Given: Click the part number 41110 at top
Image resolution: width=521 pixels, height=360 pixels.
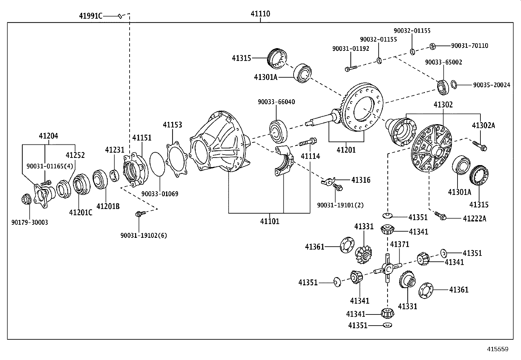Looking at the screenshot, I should [260, 14].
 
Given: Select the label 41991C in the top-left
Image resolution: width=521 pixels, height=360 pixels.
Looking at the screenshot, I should [90, 16].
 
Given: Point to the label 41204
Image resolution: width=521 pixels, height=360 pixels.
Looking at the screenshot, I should [48, 136].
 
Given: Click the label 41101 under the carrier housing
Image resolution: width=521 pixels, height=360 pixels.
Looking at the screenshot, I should [270, 221].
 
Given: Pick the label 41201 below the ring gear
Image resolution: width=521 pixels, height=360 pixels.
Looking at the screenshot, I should [346, 150].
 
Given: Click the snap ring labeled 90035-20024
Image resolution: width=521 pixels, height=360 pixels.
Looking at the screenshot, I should [453, 84].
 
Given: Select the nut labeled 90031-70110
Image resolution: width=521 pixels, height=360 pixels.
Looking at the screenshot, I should [432, 46].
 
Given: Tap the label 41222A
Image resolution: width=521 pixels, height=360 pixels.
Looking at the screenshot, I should [475, 218].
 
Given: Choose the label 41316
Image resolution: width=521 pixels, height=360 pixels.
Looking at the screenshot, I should [361, 180].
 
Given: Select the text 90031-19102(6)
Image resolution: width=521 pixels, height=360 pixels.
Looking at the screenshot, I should [143, 236].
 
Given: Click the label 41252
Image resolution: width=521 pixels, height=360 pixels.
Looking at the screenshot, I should [75, 155].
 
